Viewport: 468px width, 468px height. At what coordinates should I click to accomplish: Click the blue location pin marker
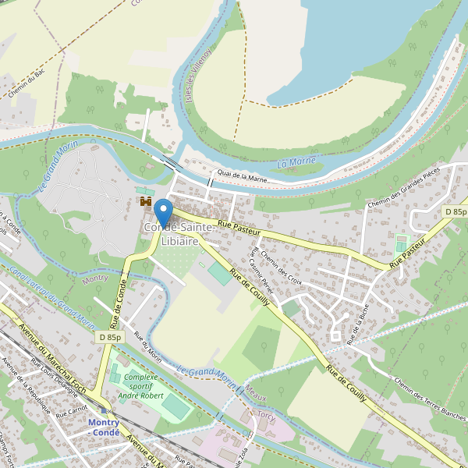coord(163,211)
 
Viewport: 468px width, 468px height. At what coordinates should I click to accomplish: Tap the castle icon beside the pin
coord(145,202)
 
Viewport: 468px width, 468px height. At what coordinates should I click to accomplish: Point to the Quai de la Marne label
coord(243,179)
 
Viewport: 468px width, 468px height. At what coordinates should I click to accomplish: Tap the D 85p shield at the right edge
coord(456,212)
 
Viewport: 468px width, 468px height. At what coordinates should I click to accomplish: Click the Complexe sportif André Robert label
coord(140,386)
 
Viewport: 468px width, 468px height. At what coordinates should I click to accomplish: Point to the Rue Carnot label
coord(71,409)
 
